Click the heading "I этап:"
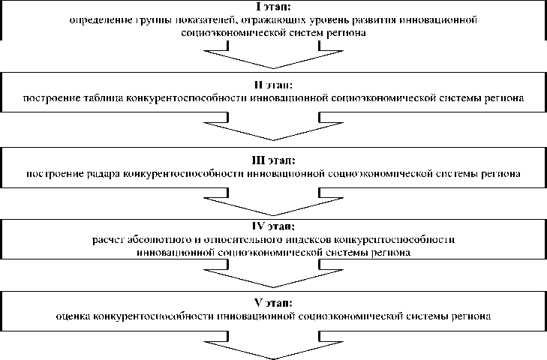tap(274, 7)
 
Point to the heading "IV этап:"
tap(274, 225)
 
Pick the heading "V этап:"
tap(274, 303)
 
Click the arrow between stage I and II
tap(274, 55)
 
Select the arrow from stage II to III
tap(274, 127)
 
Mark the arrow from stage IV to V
tap(274, 277)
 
